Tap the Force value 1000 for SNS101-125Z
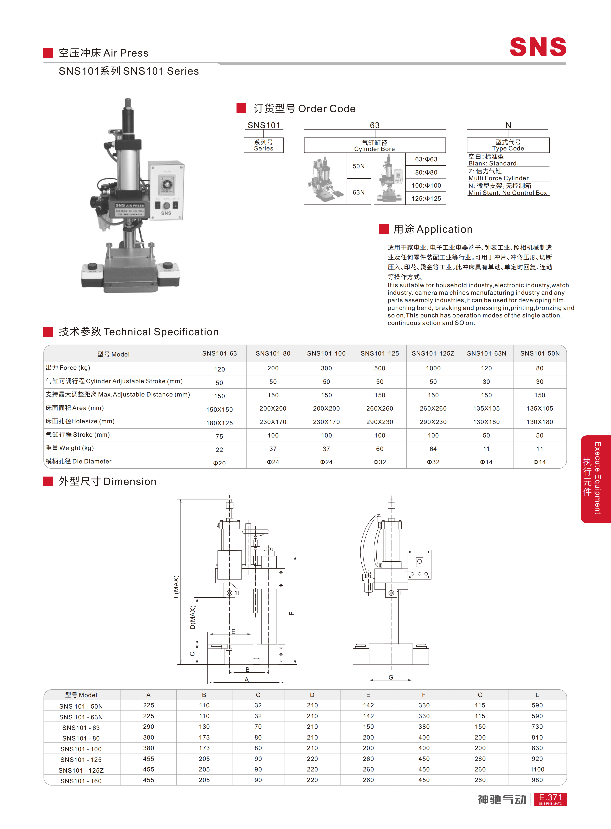[x=433, y=368]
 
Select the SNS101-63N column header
[x=486, y=353]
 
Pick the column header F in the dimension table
[x=424, y=695]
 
